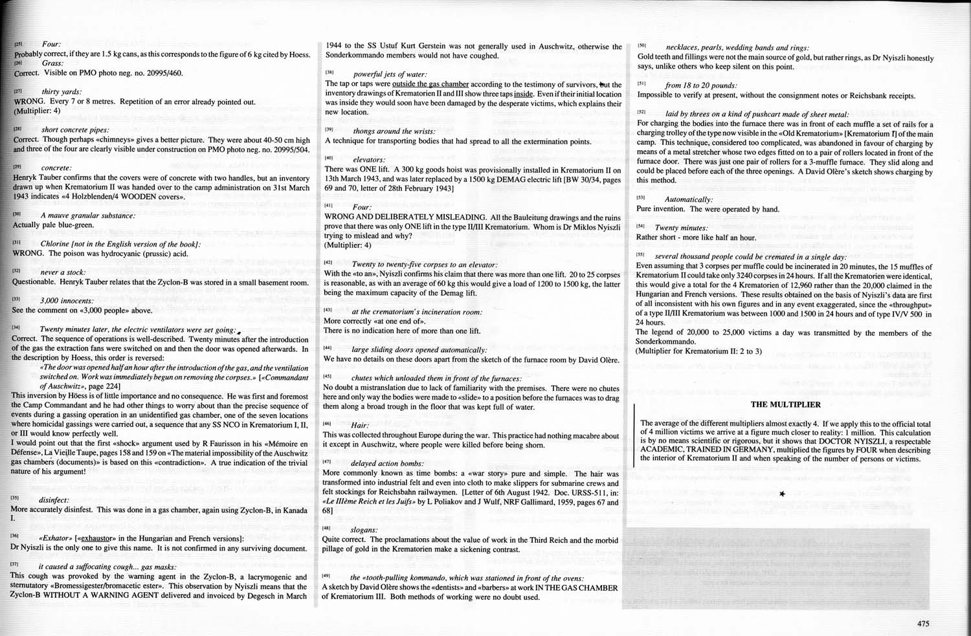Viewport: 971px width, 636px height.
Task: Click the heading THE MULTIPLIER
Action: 785,405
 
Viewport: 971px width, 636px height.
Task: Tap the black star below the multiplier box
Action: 783,494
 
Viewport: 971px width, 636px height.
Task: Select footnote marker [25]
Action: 18,44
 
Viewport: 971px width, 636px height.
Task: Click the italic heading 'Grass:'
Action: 52,63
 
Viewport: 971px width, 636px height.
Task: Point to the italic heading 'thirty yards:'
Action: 62,92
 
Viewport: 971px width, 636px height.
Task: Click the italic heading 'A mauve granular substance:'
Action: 87,215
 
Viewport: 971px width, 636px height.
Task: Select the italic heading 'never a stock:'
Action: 62,272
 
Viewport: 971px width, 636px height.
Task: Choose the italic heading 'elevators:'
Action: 369,159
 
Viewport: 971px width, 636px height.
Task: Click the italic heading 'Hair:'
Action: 360,426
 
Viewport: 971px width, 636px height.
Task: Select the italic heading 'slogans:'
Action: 364,530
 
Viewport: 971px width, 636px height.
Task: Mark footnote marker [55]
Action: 641,256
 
